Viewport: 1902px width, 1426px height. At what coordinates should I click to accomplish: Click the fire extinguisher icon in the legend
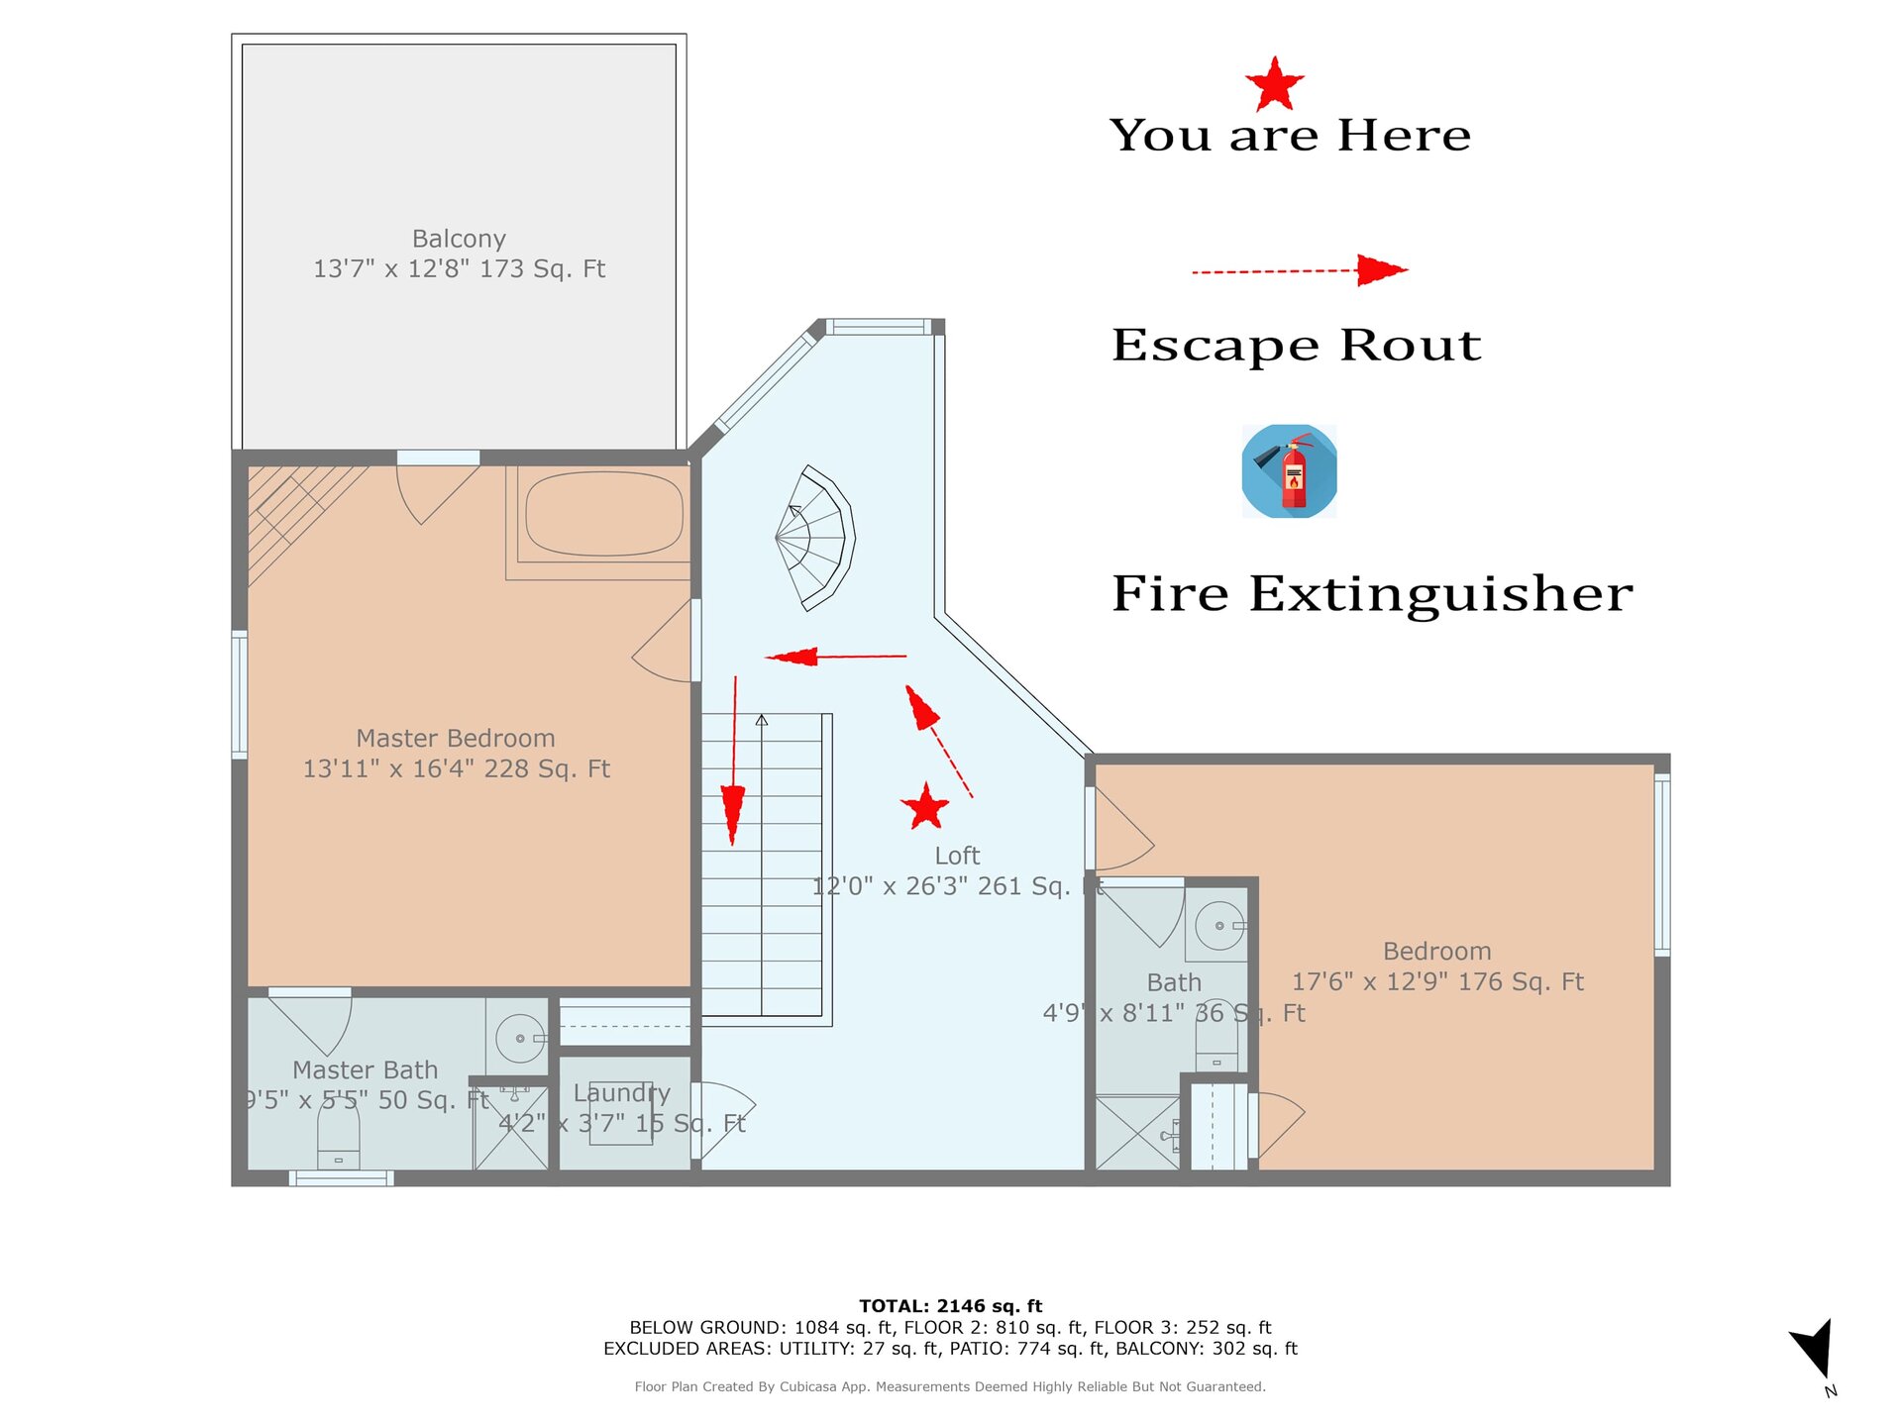[x=1289, y=471]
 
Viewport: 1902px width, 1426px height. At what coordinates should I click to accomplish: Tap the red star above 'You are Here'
[x=1274, y=84]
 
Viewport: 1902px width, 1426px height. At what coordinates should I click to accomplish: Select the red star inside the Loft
[x=925, y=807]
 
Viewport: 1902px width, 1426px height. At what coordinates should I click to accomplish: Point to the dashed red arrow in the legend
[x=1300, y=269]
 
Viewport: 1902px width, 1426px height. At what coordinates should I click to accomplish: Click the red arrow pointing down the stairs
[x=734, y=761]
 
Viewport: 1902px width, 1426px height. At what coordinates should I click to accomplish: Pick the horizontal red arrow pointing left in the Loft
[x=836, y=656]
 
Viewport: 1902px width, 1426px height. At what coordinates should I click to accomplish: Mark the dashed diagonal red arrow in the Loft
[x=938, y=741]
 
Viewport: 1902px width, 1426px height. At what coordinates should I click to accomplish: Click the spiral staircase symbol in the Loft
[x=815, y=538]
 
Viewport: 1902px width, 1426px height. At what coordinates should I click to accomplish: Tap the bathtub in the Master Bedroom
[x=604, y=514]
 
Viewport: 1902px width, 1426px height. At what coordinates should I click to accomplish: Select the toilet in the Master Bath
[x=339, y=1134]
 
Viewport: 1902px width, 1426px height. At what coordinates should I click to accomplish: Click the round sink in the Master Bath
[x=520, y=1038]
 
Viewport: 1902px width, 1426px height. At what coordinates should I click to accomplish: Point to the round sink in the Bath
[x=1219, y=926]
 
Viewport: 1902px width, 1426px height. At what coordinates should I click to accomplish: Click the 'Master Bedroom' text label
[x=456, y=739]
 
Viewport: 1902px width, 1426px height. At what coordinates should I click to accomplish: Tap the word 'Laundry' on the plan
[x=622, y=1093]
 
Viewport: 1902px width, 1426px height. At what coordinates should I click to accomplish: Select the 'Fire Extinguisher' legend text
[x=1372, y=593]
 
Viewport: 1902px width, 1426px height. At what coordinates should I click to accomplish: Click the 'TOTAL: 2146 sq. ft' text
[x=951, y=1306]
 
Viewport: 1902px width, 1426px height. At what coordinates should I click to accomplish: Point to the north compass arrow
[x=1815, y=1349]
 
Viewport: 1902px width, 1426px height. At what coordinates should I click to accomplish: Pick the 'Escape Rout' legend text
[x=1297, y=345]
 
